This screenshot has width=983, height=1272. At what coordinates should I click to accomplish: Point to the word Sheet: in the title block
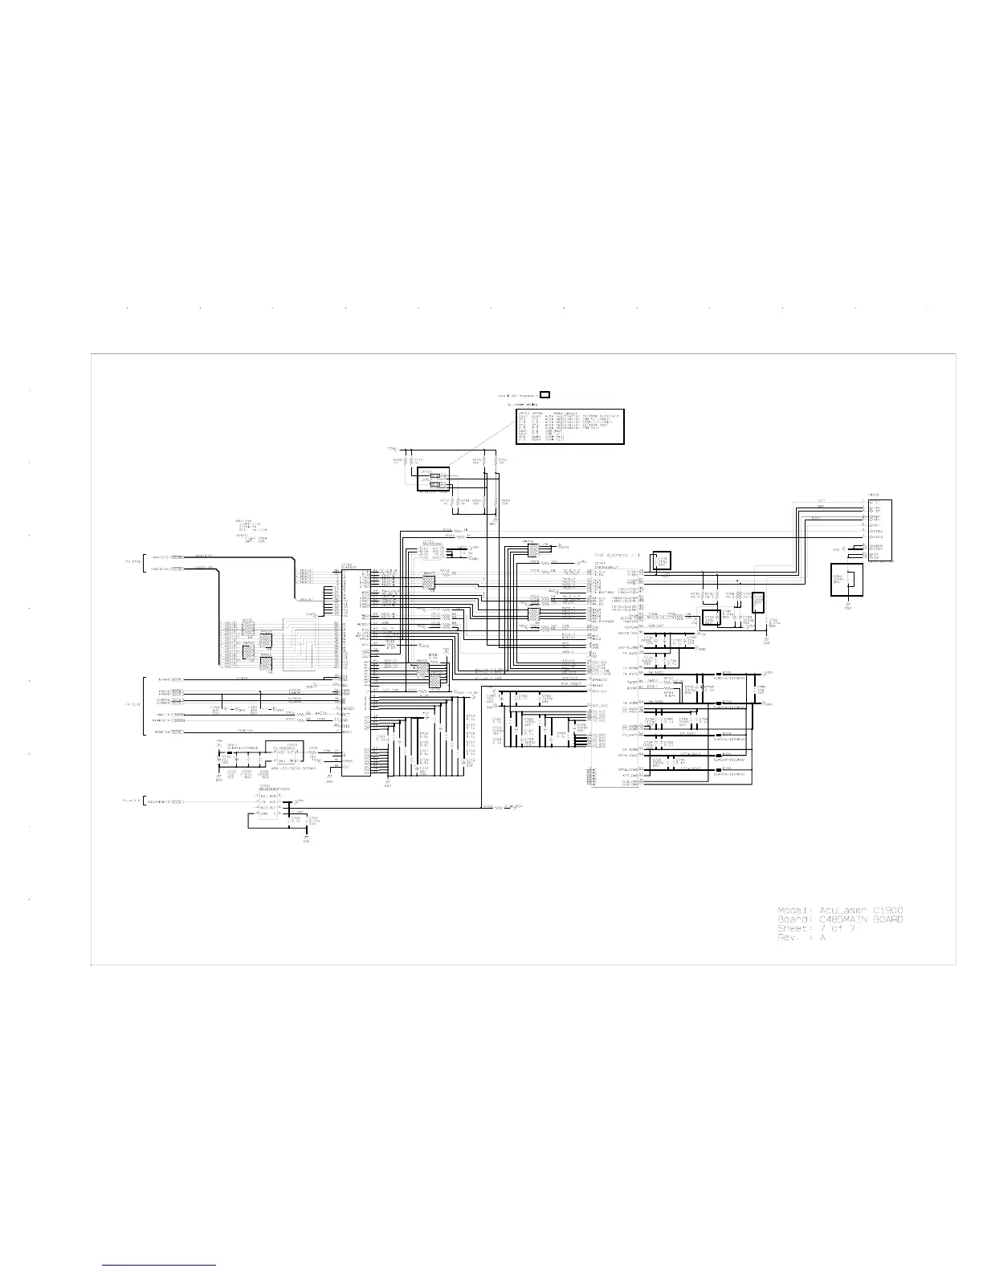coord(794,928)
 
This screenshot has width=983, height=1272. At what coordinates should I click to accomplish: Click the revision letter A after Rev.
coord(822,938)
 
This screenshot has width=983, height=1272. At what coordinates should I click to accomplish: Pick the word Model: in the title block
coord(794,909)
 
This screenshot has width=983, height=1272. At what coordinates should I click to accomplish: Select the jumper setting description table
coord(569,426)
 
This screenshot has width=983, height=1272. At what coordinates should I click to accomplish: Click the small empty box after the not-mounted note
coord(545,394)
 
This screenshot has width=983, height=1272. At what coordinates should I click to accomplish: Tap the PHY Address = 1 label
coord(615,555)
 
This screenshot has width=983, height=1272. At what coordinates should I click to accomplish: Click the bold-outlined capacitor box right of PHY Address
coord(663,563)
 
